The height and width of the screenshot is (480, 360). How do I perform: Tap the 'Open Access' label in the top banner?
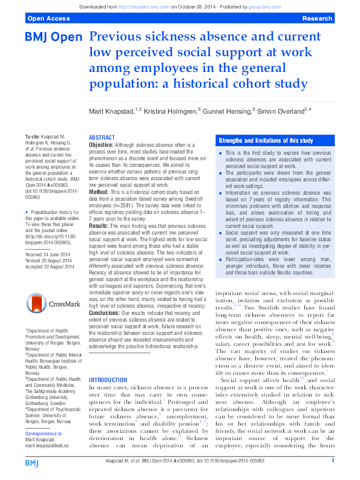tap(46, 19)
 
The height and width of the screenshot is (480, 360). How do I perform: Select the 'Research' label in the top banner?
tap(317, 19)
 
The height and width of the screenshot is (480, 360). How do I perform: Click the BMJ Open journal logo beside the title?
tap(53, 37)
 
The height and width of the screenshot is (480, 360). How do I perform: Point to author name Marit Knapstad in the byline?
tap(116, 111)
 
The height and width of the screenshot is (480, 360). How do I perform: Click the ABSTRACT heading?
tap(102, 138)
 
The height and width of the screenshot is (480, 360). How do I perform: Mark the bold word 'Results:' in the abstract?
tap(100, 225)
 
